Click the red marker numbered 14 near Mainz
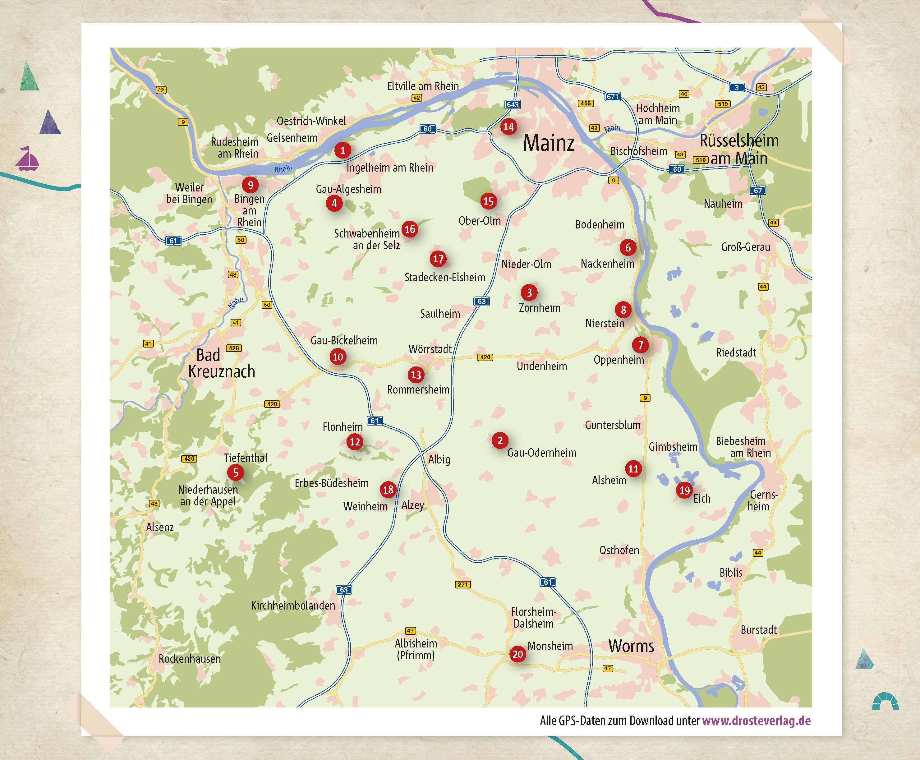click(508, 127)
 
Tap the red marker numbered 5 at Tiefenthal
click(236, 472)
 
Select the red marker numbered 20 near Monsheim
click(518, 654)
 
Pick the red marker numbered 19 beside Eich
click(684, 490)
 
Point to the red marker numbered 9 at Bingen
click(250, 185)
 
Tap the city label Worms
click(631, 646)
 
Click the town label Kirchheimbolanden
click(293, 606)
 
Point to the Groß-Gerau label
click(745, 247)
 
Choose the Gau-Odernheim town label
click(541, 453)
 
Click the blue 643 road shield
click(513, 104)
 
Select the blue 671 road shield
click(612, 96)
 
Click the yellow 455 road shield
click(585, 103)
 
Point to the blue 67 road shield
click(758, 190)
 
